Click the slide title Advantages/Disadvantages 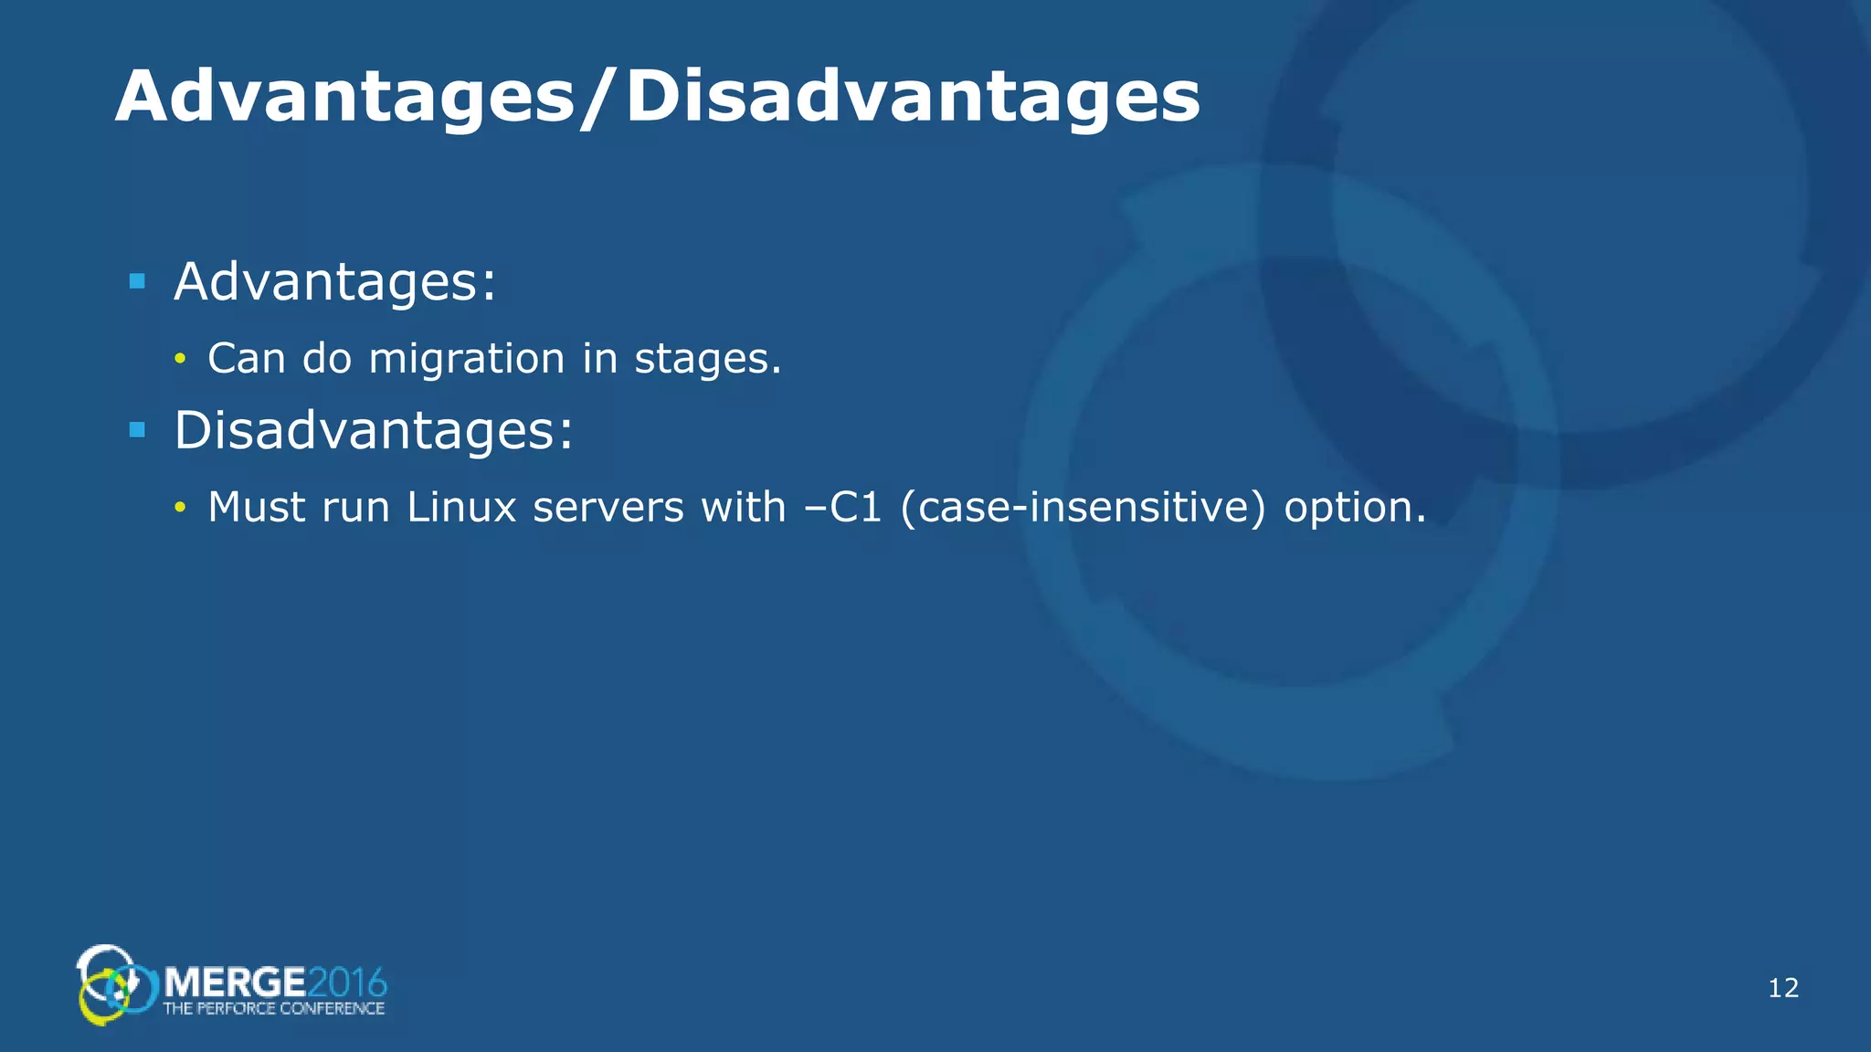pyautogui.click(x=657, y=96)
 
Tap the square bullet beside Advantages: pyautogui.click(x=138, y=281)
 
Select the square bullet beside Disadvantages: pyautogui.click(x=138, y=430)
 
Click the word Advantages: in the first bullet pyautogui.click(x=335, y=281)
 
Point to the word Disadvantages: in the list pyautogui.click(x=374, y=430)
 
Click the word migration pyautogui.click(x=467, y=358)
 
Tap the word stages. pyautogui.click(x=708, y=358)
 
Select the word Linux pyautogui.click(x=461, y=507)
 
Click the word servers pyautogui.click(x=608, y=507)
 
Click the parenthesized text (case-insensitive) pyautogui.click(x=1083, y=507)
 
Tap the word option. pyautogui.click(x=1355, y=507)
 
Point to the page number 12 pyautogui.click(x=1783, y=987)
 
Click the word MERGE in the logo pyautogui.click(x=235, y=984)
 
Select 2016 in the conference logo pyautogui.click(x=347, y=984)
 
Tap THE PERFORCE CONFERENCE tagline pyautogui.click(x=274, y=1009)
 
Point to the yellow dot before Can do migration pyautogui.click(x=180, y=359)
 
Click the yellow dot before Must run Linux pyautogui.click(x=180, y=508)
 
